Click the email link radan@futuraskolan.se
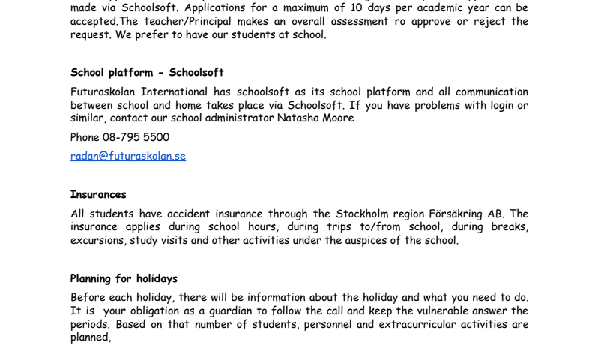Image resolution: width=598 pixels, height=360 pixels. click(x=127, y=156)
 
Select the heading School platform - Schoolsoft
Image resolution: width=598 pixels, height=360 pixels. click(x=147, y=73)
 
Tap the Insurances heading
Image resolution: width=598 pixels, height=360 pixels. click(x=98, y=195)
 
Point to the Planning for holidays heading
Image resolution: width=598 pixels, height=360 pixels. click(x=124, y=279)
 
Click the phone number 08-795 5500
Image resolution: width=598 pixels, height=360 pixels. click(x=136, y=137)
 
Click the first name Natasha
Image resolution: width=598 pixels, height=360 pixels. click(x=298, y=118)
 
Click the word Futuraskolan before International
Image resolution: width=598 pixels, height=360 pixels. click(x=103, y=92)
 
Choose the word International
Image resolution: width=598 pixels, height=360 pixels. click(x=176, y=92)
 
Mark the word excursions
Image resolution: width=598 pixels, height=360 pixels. click(x=98, y=241)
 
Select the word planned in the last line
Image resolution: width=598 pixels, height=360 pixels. click(x=90, y=337)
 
